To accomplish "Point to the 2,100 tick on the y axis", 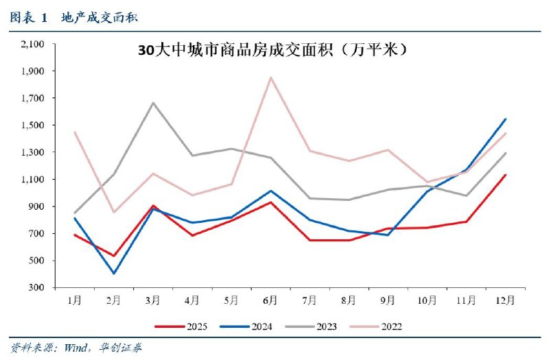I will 32,44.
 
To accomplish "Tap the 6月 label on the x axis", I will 270,300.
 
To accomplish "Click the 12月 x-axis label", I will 506,300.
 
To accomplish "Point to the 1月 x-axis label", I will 74,300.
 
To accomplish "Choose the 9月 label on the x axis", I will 388,300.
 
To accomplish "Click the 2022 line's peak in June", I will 270,77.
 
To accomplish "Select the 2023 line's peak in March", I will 152,103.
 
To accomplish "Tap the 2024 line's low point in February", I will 113,274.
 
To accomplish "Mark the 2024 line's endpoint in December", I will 506,119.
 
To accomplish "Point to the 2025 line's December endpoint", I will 506,174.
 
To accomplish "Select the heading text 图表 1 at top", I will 29,18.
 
